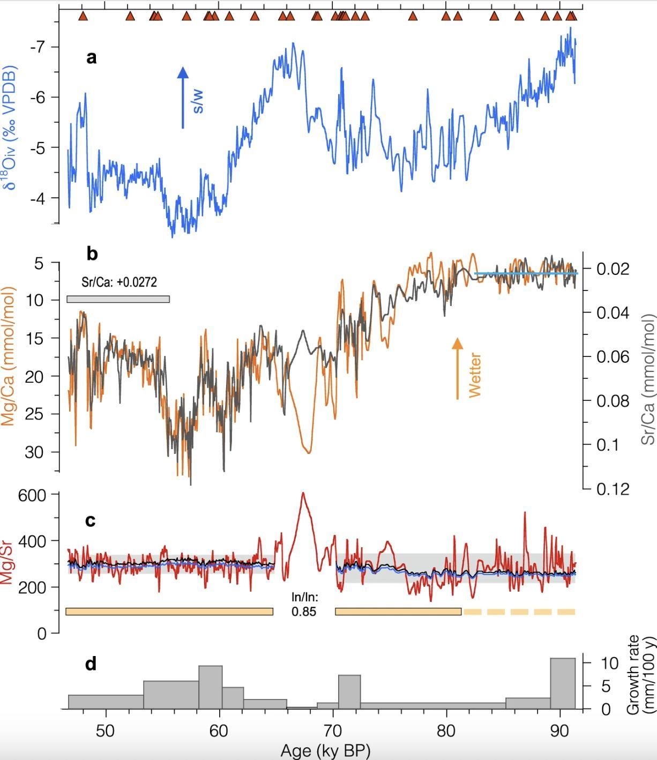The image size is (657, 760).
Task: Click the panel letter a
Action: click(91, 57)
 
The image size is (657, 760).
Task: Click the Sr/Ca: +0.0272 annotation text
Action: click(119, 281)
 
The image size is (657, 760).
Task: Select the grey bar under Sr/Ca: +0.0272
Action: click(118, 299)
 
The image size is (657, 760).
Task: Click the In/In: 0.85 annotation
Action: click(304, 604)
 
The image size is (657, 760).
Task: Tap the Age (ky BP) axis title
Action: click(325, 751)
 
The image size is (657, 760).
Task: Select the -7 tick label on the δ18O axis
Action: click(38, 47)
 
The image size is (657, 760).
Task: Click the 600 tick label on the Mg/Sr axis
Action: click(32, 495)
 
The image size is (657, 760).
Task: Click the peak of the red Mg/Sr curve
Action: click(303, 494)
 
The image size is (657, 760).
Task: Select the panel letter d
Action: click(91, 664)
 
